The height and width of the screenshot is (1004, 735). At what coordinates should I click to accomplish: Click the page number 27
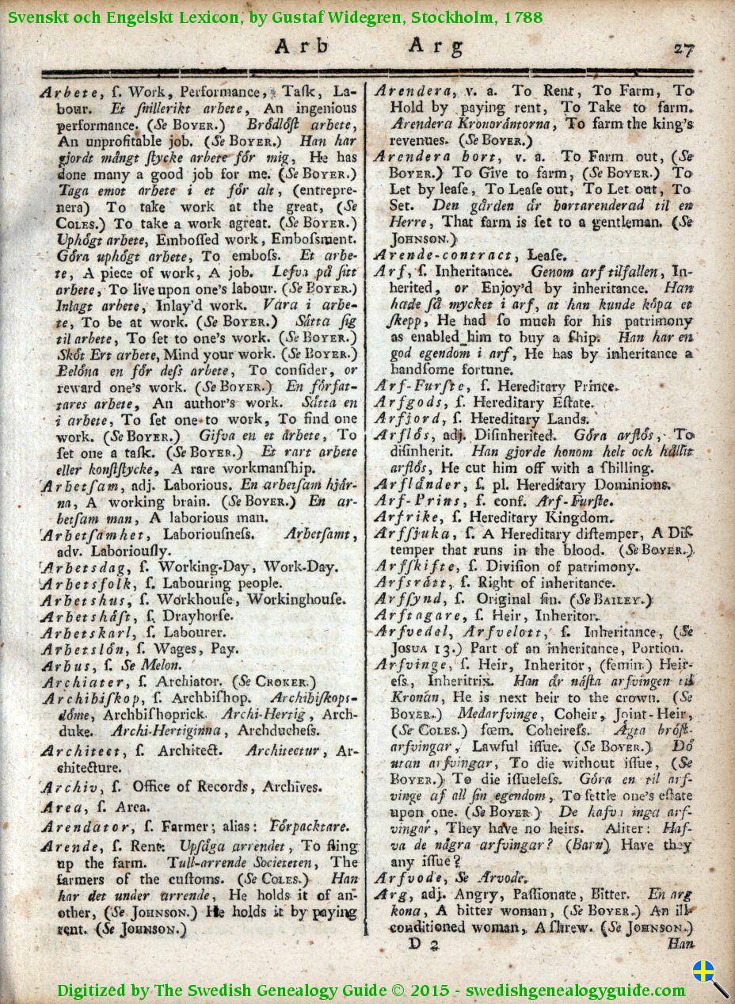tap(684, 49)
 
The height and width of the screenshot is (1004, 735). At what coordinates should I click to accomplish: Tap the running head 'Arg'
tap(436, 48)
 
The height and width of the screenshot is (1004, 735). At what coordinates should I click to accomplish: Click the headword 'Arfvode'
tap(409, 879)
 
